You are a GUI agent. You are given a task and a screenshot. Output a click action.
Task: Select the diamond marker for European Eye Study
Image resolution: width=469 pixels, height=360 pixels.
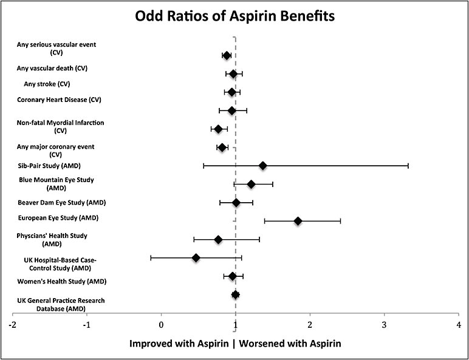click(298, 221)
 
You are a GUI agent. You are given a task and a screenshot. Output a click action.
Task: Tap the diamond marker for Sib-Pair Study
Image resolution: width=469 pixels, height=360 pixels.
click(262, 166)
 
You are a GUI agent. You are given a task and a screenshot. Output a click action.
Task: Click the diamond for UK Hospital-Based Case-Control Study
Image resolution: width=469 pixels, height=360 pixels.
click(196, 258)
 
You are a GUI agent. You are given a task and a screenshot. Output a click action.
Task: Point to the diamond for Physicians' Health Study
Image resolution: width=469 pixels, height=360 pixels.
click(218, 240)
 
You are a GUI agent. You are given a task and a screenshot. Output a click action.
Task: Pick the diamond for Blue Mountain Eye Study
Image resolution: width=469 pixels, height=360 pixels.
click(251, 184)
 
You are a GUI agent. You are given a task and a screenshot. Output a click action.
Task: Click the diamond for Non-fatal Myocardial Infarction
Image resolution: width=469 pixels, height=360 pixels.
click(218, 129)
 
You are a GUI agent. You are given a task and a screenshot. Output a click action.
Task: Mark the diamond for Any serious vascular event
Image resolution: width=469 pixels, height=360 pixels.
click(227, 55)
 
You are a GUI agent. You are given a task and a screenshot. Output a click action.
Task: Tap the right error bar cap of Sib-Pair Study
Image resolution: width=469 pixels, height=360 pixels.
click(408, 166)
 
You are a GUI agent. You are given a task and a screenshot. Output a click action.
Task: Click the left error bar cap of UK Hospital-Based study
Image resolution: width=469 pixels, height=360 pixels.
click(151, 258)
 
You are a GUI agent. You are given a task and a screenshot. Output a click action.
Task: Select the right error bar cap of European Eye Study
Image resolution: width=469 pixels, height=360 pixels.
click(340, 221)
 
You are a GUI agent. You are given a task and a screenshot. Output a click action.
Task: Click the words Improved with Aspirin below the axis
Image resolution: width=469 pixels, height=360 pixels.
click(180, 343)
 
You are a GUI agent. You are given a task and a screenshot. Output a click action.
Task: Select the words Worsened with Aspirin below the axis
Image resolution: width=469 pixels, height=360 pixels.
click(290, 343)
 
